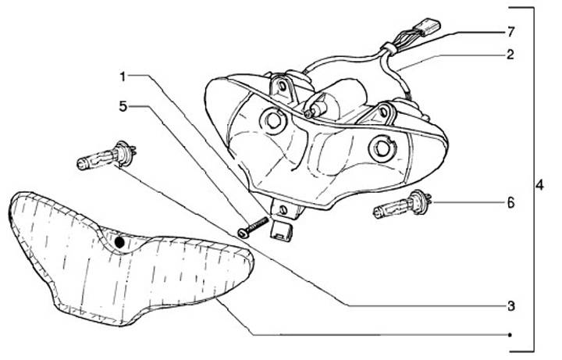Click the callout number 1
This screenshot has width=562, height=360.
click(123, 76)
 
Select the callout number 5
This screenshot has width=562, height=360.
click(123, 104)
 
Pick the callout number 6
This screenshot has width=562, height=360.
click(510, 203)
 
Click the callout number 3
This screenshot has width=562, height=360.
click(510, 305)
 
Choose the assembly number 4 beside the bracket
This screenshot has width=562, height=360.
click(539, 187)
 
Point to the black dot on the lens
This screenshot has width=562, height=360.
click(119, 242)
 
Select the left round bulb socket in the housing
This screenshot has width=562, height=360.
click(273, 119)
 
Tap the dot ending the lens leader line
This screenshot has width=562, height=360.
click(509, 334)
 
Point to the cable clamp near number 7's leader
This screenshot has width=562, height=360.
click(388, 52)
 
